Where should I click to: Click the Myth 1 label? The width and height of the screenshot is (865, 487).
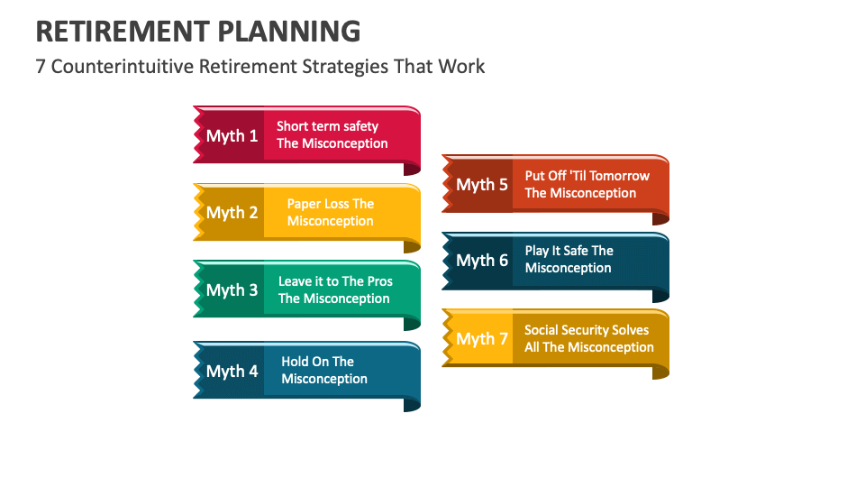pyautogui.click(x=232, y=135)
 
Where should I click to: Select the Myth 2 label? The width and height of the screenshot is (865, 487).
pyautogui.click(x=232, y=213)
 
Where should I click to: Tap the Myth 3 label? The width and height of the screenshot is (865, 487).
pyautogui.click(x=232, y=289)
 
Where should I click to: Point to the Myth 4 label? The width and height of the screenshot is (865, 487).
pyautogui.click(x=232, y=371)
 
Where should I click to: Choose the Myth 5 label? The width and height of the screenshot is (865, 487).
pyautogui.click(x=481, y=185)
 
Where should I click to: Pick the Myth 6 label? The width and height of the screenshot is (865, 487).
pyautogui.click(x=481, y=261)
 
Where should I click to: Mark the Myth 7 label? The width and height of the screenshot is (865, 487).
pyautogui.click(x=481, y=339)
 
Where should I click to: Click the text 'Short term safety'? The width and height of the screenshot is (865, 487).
pyautogui.click(x=327, y=126)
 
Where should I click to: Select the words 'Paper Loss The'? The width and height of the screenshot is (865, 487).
pyautogui.click(x=330, y=204)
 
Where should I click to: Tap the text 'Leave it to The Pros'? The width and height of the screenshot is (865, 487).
pyautogui.click(x=335, y=281)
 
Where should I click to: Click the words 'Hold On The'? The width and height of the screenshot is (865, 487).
pyautogui.click(x=317, y=362)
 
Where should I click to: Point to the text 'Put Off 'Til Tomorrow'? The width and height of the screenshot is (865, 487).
pyautogui.click(x=587, y=176)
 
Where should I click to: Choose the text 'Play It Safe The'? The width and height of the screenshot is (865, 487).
pyautogui.click(x=569, y=251)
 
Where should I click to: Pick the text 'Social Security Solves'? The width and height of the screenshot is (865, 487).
pyautogui.click(x=587, y=330)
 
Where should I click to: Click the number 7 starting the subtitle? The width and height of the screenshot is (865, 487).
pyautogui.click(x=41, y=66)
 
